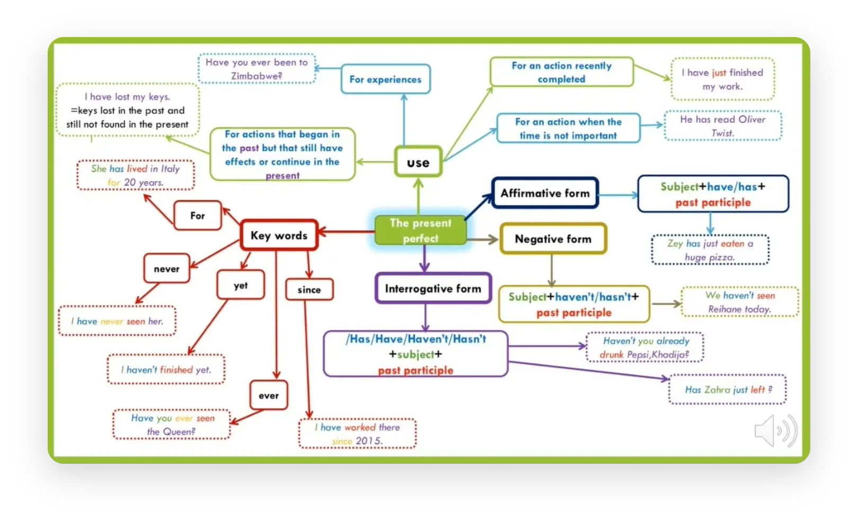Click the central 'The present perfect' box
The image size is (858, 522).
click(x=421, y=230)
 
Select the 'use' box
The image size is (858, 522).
click(x=418, y=161)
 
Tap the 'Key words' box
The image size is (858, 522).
click(x=279, y=235)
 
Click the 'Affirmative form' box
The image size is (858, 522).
click(x=545, y=193)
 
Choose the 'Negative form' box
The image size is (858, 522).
click(x=553, y=239)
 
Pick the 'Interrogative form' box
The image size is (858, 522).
click(x=433, y=289)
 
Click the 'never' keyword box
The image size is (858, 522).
click(x=167, y=268)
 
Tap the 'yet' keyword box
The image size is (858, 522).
click(x=240, y=285)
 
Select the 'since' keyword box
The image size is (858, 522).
click(x=309, y=290)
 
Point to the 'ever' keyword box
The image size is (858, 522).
click(x=269, y=395)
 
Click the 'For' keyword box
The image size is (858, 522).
click(x=198, y=215)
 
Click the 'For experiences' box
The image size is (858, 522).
click(x=386, y=79)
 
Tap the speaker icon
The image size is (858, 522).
click(x=775, y=431)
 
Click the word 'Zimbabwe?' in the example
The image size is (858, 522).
click(x=257, y=76)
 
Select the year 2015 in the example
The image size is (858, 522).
click(x=369, y=441)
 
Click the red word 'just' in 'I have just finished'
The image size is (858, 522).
click(x=719, y=73)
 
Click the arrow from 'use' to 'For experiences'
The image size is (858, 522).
click(x=404, y=120)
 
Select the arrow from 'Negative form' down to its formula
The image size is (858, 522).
click(x=551, y=271)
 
